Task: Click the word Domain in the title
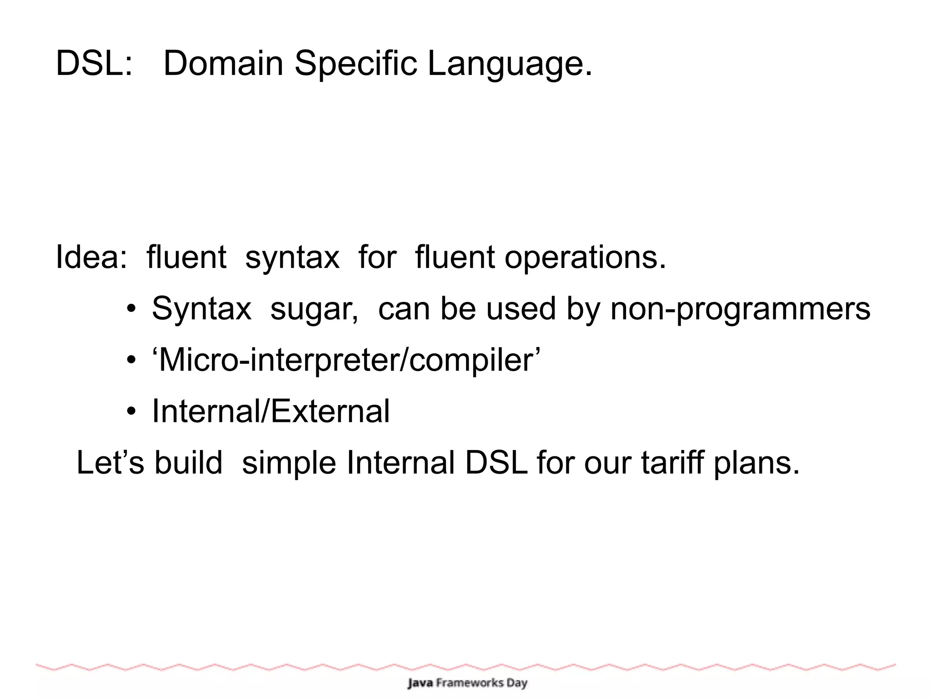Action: (223, 64)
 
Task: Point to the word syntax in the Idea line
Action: (292, 257)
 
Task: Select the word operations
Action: (585, 257)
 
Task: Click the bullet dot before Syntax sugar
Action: (131, 309)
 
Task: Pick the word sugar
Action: (314, 309)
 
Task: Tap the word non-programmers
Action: (740, 309)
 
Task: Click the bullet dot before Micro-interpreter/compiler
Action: (131, 361)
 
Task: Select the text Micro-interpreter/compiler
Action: (346, 361)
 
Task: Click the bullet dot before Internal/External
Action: (131, 412)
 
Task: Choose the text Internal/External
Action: (270, 412)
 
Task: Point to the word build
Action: (188, 463)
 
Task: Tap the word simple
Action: (289, 463)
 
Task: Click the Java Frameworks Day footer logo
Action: (467, 683)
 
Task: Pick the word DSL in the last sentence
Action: (496, 463)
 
